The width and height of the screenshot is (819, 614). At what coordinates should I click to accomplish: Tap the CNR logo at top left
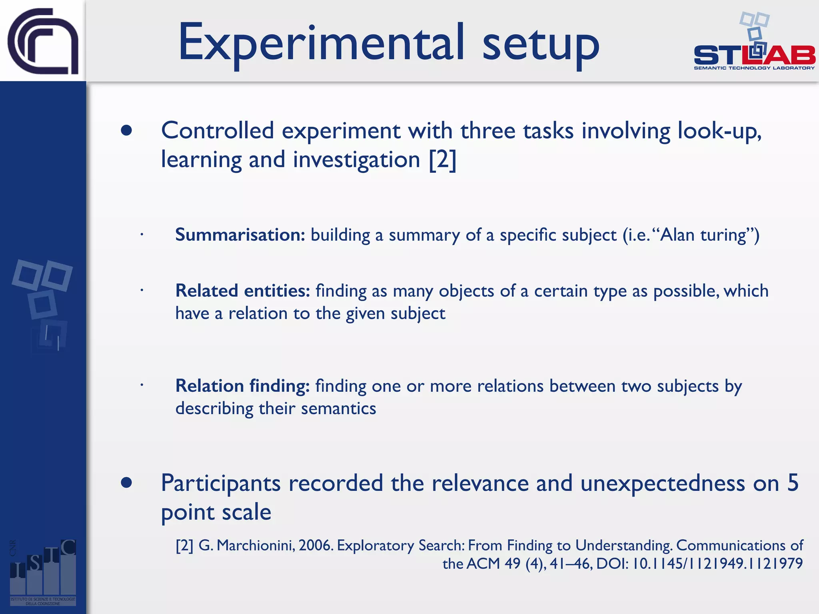tap(43, 41)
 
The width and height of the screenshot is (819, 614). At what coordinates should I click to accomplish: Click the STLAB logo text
tap(754, 55)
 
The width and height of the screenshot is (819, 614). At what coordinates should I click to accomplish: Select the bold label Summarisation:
tap(240, 235)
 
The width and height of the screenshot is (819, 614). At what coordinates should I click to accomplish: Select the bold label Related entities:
tap(242, 291)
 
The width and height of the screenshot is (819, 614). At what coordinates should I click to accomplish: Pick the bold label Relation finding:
tap(242, 386)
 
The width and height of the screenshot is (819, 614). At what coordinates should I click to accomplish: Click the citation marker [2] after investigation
tap(442, 160)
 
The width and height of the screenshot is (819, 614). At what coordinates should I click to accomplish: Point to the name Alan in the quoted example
tap(677, 235)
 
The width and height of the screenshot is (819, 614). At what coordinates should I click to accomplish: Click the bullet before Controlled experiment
tap(126, 131)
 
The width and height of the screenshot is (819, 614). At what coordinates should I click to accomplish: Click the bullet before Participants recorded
tap(126, 483)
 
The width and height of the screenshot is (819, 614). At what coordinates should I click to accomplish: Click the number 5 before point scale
tap(793, 483)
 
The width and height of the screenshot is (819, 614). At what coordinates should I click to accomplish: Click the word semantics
tap(338, 409)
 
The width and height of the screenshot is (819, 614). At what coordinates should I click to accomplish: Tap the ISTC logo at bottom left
tap(43, 572)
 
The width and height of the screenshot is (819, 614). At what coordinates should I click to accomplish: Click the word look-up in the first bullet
tap(719, 131)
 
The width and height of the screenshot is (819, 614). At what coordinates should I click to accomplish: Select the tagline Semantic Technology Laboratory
tap(754, 68)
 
